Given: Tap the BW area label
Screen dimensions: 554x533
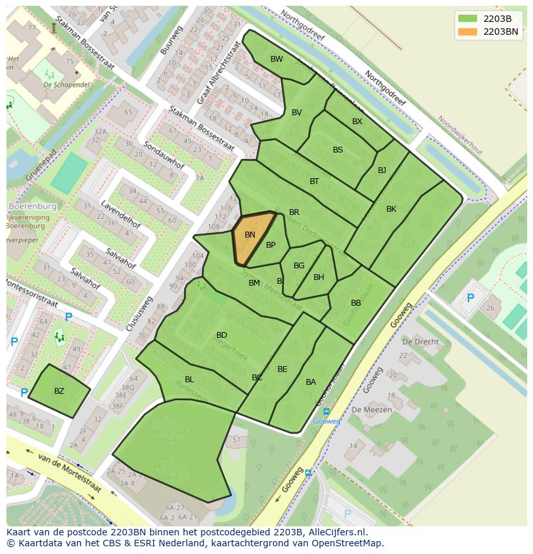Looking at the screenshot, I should [x=276, y=59].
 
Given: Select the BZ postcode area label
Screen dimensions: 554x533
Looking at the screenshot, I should [x=59, y=391].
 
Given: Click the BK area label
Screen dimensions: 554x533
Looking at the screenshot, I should [x=391, y=209].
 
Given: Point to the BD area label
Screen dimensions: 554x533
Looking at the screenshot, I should [x=221, y=335].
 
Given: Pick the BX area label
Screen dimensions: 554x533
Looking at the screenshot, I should [x=357, y=122].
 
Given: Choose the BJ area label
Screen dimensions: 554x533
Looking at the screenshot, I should [x=382, y=171].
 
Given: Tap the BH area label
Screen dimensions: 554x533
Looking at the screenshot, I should [x=319, y=277].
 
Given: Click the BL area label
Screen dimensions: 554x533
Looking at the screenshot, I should [x=189, y=380].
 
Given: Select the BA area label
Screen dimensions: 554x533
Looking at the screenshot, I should [x=311, y=382].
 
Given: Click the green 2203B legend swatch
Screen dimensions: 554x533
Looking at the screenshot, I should [x=467, y=18].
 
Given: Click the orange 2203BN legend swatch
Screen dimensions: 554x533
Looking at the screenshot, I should [x=467, y=31].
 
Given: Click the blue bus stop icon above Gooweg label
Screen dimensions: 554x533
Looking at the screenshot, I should [x=326, y=412].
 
